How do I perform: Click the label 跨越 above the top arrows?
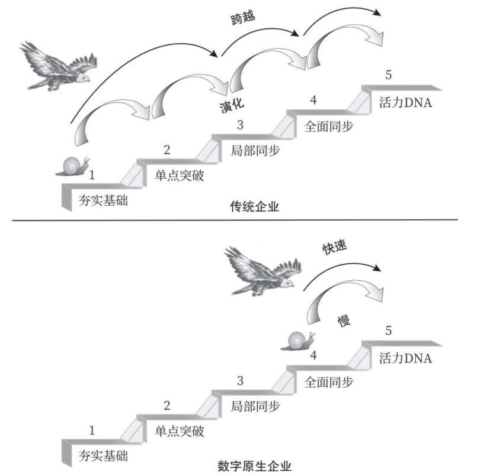pos(242,18)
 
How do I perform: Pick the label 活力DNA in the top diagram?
pos(406,102)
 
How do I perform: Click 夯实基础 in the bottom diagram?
pos(103,456)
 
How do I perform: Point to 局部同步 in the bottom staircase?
pos(255,407)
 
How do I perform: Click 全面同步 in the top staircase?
pos(329,126)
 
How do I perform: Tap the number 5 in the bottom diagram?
pos(388,331)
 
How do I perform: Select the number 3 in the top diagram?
pos(240,125)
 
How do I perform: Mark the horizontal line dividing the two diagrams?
pos(237,221)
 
